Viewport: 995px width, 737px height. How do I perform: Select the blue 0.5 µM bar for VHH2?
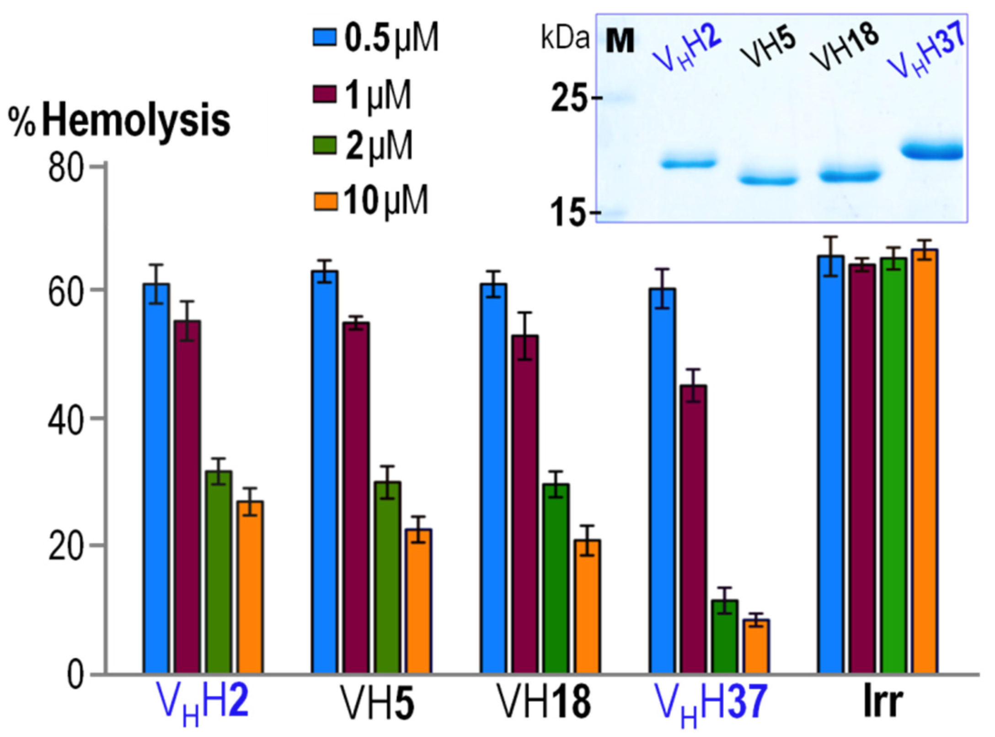pyautogui.click(x=156, y=478)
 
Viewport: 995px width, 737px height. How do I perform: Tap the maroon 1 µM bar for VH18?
pyautogui.click(x=525, y=504)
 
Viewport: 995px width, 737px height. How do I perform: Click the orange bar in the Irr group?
pyautogui.click(x=925, y=461)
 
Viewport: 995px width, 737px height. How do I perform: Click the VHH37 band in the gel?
pyautogui.click(x=932, y=152)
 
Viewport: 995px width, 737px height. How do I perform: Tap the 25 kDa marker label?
pyautogui.click(x=568, y=99)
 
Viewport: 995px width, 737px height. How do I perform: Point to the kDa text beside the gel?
pyautogui.click(x=565, y=39)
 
